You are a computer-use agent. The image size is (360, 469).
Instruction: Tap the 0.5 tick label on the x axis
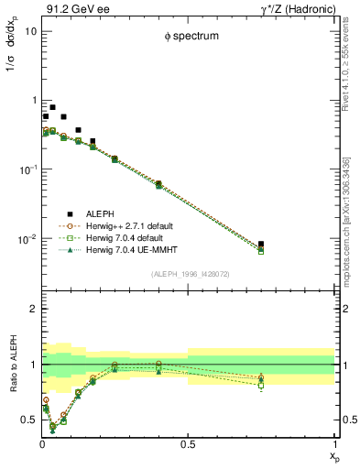[x=188, y=445]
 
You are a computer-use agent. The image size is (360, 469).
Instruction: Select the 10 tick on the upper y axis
[x=28, y=31]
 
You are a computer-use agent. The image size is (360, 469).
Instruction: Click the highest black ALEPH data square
[x=52, y=107]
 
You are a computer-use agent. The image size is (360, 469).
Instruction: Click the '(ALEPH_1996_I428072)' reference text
[x=188, y=273]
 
